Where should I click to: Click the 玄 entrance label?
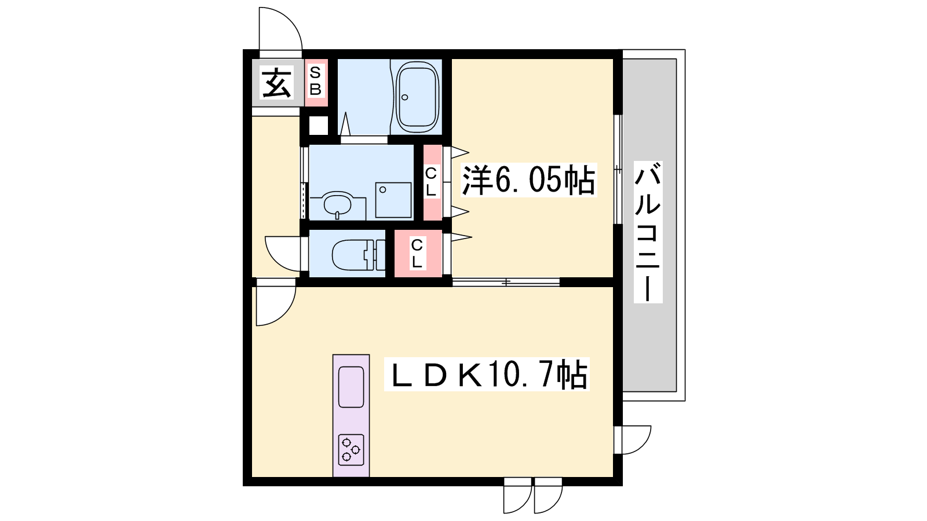tap(276, 83)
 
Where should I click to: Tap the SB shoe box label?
tap(315, 81)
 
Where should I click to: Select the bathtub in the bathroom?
tap(417, 97)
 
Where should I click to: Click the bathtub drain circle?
tap(405, 98)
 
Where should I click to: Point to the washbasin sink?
tap(338, 204)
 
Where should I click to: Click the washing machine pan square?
tap(393, 200)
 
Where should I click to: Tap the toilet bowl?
tap(350, 255)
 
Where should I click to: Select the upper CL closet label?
tap(431, 182)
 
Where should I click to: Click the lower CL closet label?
tap(417, 253)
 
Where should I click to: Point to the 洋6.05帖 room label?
tap(528, 180)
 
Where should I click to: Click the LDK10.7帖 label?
tap(487, 375)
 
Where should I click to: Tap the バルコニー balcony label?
tap(648, 232)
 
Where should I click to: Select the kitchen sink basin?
tap(351, 387)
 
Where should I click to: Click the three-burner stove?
tap(351, 449)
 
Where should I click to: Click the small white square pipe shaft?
tap(318, 125)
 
